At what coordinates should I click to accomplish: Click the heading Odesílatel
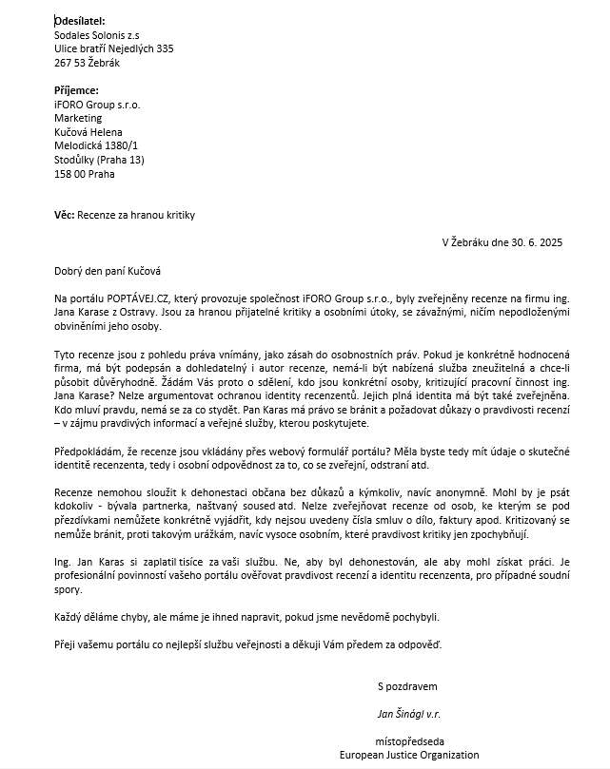point(80,20)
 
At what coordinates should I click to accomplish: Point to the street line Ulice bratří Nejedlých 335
point(114,48)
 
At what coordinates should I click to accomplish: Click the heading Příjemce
point(76,90)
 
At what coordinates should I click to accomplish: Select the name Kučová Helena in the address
point(89,132)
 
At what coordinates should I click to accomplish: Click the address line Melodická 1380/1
point(96,146)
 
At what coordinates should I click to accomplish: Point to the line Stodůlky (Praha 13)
point(100,161)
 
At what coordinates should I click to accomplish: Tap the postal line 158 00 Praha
point(85,175)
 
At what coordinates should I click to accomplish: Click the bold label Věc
point(64,216)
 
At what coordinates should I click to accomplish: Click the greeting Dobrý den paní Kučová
point(108,271)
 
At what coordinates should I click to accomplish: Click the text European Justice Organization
point(410,755)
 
